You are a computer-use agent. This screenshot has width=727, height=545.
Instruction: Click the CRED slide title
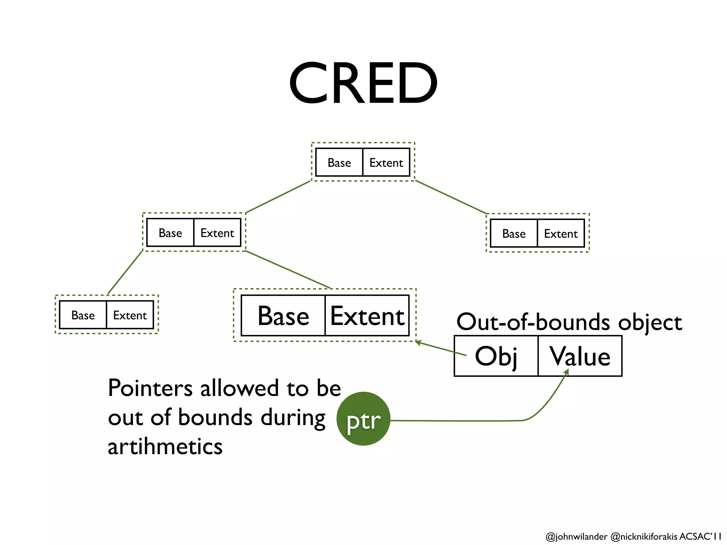[363, 83]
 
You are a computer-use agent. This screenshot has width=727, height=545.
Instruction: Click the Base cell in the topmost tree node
[339, 163]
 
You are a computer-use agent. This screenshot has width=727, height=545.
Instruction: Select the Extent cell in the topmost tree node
[386, 163]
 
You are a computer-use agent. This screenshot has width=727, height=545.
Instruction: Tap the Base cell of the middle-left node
[170, 233]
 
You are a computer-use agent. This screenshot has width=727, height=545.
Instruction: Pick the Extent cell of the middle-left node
[217, 233]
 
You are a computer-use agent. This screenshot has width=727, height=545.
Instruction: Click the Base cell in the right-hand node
[514, 233]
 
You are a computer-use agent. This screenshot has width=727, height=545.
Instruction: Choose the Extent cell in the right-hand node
[561, 233]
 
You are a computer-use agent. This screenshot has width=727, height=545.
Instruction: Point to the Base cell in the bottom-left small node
[83, 315]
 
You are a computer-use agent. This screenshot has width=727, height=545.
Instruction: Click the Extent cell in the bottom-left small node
[130, 315]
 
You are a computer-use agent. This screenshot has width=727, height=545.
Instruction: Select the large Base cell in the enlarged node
[283, 315]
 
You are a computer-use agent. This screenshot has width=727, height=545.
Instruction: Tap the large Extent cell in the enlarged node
[367, 315]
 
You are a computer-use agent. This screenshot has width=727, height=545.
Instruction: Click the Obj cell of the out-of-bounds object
[496, 356]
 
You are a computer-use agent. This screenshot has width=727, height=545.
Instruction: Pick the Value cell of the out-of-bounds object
[580, 356]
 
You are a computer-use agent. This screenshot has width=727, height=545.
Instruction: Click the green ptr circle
[363, 419]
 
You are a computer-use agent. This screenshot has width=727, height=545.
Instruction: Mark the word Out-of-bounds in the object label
[533, 322]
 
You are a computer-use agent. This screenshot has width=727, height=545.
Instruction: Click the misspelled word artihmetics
[165, 446]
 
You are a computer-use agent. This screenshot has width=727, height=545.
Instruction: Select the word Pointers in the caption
[150, 388]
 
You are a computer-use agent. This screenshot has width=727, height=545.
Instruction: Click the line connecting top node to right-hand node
[451, 197]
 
